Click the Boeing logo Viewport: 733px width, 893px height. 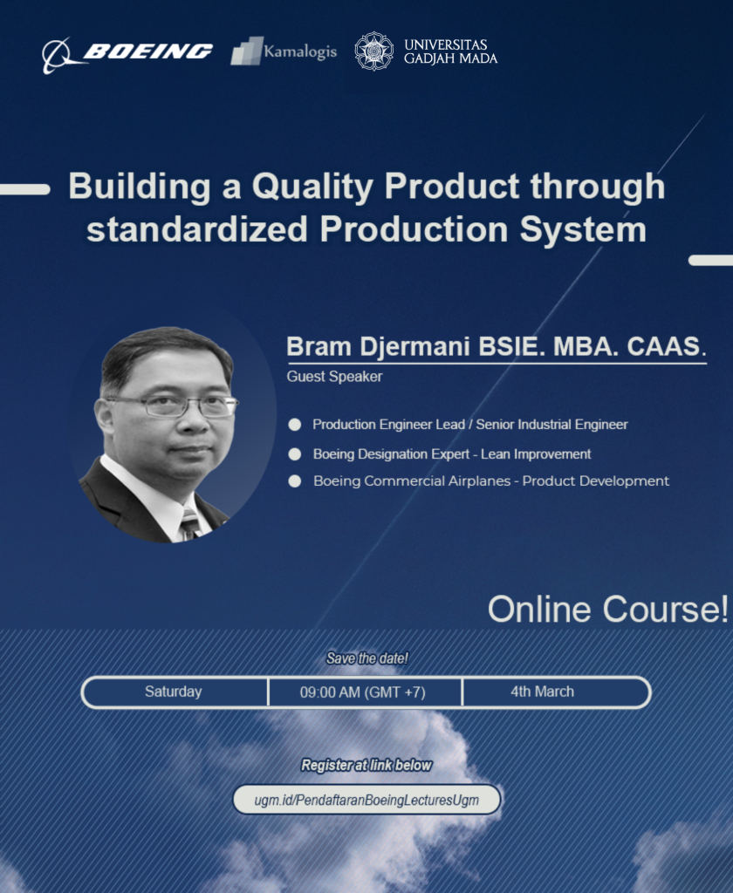[x=127, y=52]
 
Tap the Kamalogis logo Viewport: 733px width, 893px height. [x=284, y=51]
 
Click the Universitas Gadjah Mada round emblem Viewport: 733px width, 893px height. [x=373, y=51]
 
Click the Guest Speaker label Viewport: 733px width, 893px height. [x=334, y=377]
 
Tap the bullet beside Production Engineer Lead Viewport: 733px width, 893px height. [x=295, y=425]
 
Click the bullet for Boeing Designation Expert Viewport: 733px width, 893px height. [x=295, y=454]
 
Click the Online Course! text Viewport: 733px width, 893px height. [x=607, y=610]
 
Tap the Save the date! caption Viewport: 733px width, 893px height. [x=366, y=658]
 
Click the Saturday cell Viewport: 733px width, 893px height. [x=174, y=692]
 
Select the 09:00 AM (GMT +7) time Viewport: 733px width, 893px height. [x=362, y=692]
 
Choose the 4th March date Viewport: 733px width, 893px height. [x=542, y=692]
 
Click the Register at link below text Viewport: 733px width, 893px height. [x=366, y=765]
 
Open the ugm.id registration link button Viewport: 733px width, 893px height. [x=366, y=800]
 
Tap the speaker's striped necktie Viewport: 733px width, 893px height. [x=189, y=523]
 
